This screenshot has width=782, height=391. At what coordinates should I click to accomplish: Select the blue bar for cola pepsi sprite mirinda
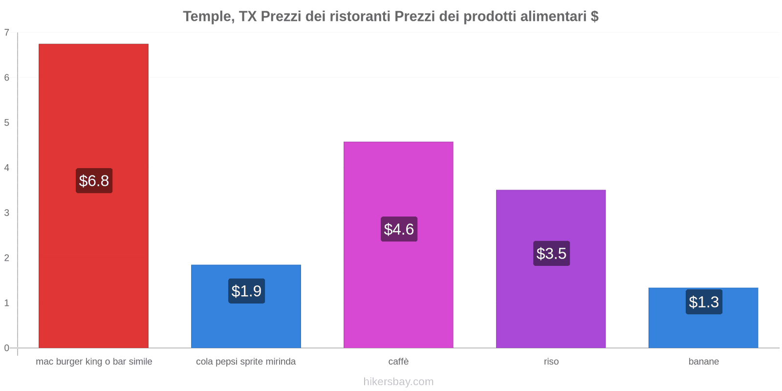(x=246, y=323)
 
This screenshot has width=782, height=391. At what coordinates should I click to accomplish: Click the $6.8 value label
(x=94, y=181)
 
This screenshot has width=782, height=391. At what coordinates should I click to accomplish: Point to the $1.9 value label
(x=246, y=291)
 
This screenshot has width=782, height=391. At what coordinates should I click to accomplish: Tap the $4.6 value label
(x=399, y=229)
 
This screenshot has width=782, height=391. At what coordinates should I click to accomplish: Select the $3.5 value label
(x=551, y=253)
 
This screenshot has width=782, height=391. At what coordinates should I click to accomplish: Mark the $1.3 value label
(x=704, y=302)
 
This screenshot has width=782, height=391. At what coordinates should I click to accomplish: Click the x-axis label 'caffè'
(x=398, y=362)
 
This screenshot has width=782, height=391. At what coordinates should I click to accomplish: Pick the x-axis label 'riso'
(x=551, y=362)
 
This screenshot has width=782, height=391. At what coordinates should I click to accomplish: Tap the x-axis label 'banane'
(x=703, y=362)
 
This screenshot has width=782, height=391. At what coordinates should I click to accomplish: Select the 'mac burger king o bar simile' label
(x=94, y=362)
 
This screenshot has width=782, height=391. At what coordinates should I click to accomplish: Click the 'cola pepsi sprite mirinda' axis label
(x=246, y=362)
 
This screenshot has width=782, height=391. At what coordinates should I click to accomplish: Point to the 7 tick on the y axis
(x=7, y=33)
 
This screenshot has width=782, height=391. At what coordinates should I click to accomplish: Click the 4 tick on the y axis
(x=7, y=168)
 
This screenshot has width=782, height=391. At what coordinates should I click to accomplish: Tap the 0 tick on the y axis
(x=7, y=348)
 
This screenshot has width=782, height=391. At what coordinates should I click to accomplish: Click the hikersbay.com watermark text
(x=398, y=382)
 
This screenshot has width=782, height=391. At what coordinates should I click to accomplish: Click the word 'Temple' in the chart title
(x=207, y=17)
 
